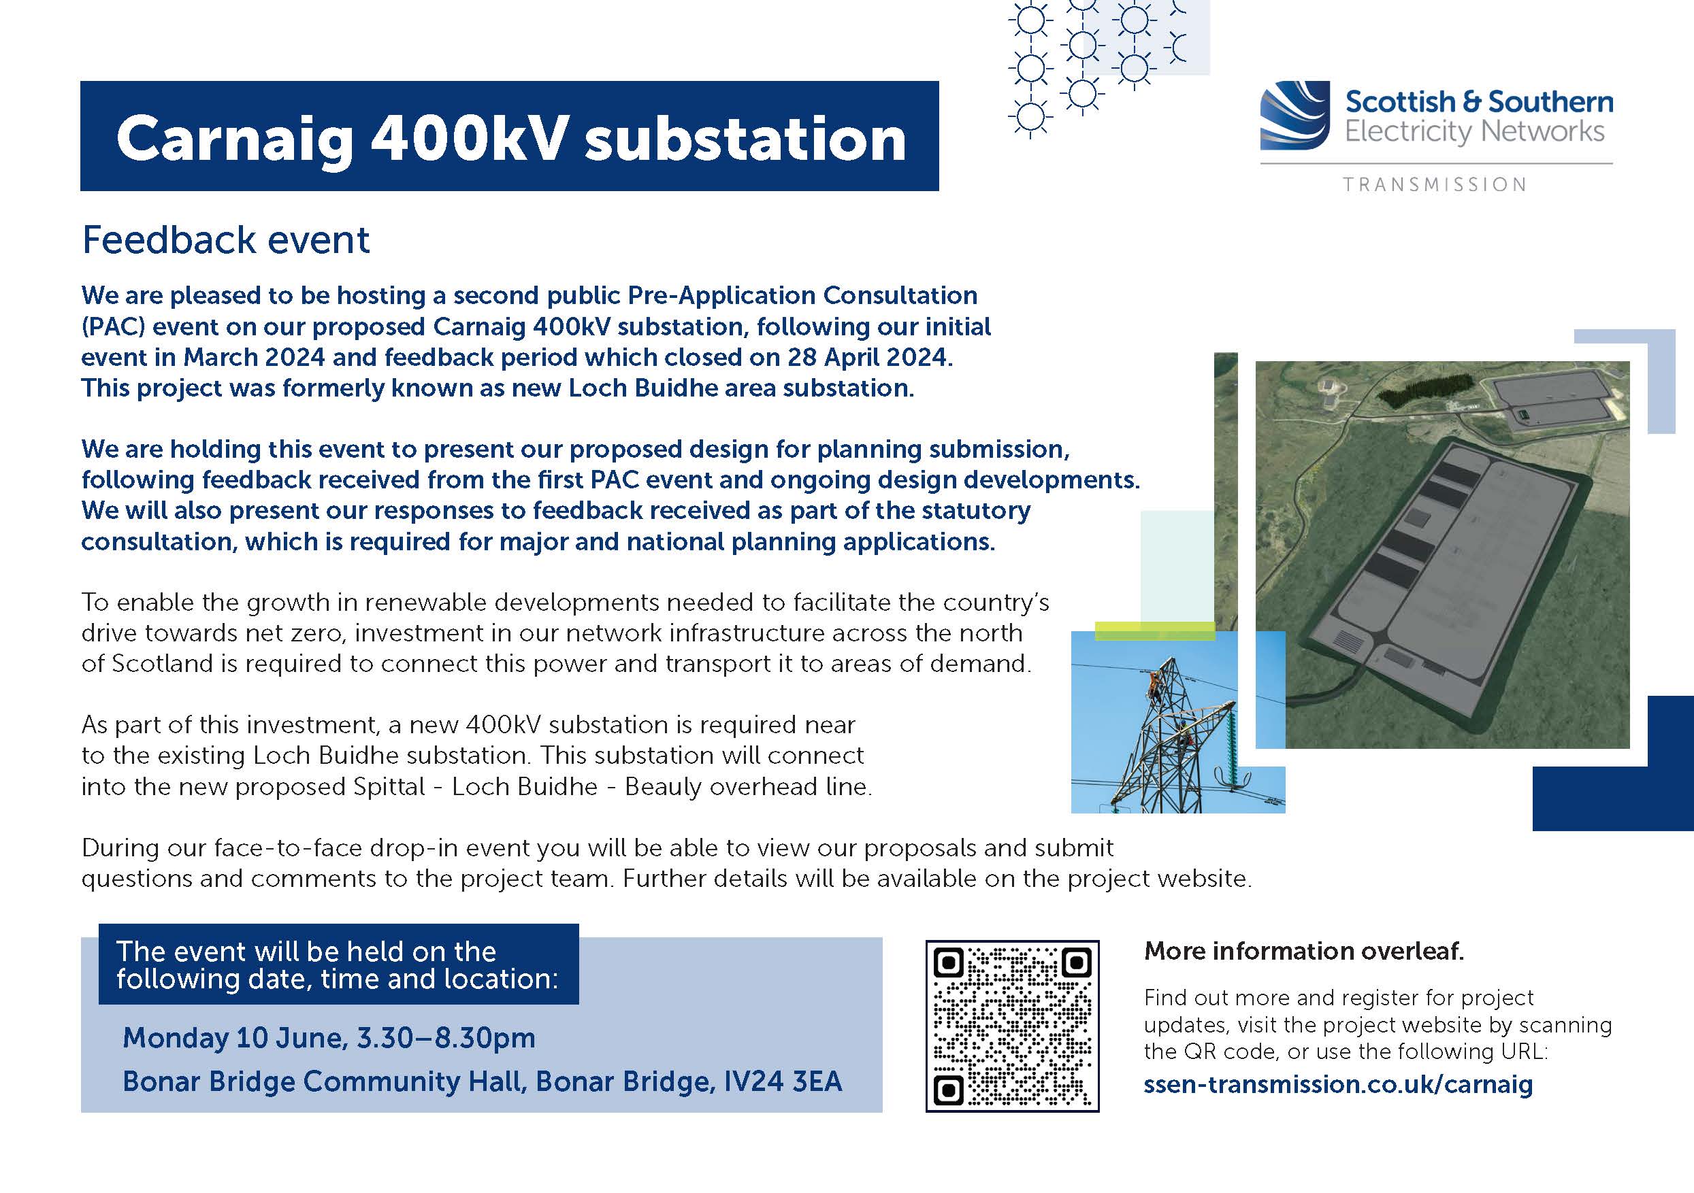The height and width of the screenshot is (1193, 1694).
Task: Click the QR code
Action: [x=1012, y=1026]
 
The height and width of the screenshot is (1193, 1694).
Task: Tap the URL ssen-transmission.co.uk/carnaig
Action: [x=1337, y=1084]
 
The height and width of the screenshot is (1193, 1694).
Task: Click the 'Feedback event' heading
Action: [x=225, y=240]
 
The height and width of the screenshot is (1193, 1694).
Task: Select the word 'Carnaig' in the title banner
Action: [x=235, y=139]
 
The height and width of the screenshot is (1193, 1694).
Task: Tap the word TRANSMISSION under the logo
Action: [x=1434, y=184]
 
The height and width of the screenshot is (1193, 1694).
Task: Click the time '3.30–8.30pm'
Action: [x=446, y=1037]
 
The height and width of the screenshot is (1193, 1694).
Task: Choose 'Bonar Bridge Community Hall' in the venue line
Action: [x=323, y=1081]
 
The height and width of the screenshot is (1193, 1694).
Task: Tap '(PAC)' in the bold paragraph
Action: [x=112, y=326]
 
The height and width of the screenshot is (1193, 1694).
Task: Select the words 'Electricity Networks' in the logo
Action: [x=1474, y=132]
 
